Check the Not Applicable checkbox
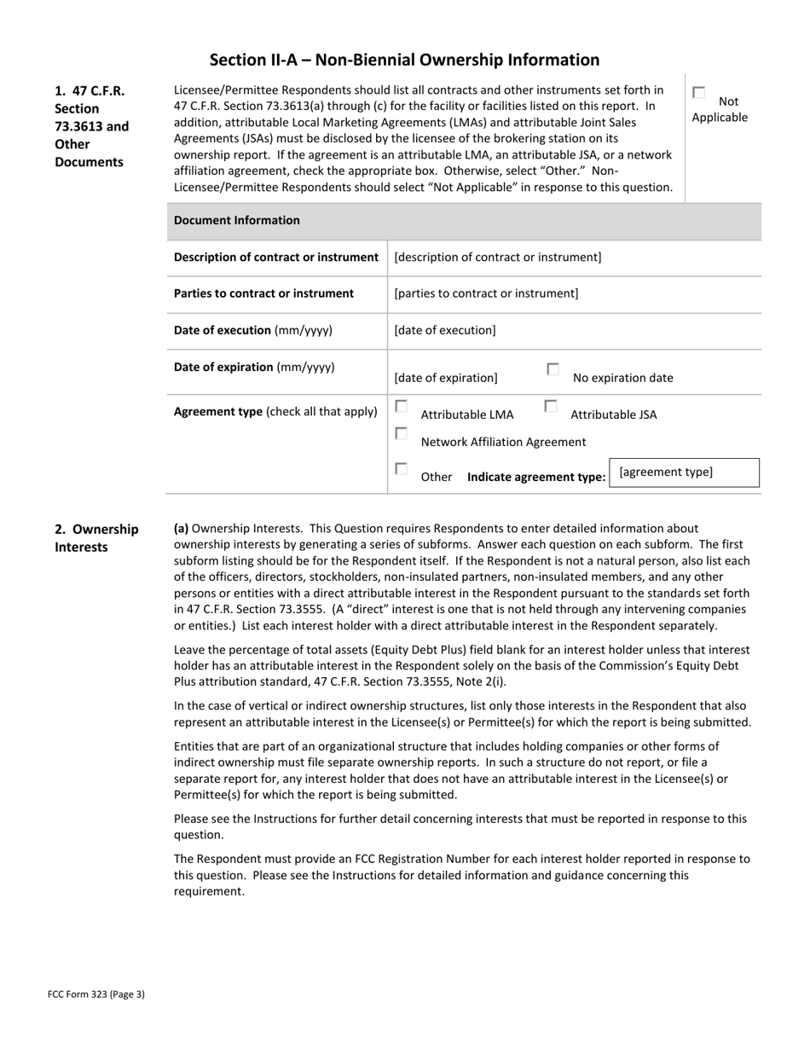699,92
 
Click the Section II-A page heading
404,60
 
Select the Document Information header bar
464,220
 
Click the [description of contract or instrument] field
497,257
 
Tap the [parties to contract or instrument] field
486,293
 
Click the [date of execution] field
444,330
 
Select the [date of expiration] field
446,377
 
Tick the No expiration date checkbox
553,369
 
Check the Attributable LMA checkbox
401,407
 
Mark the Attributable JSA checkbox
550,407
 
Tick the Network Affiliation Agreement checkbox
401,433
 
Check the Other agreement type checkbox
401,469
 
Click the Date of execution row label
252,330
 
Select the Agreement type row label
275,411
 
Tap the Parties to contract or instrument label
263,293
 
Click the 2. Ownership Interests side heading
96,537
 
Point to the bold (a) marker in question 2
181,529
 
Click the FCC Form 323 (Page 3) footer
95,994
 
